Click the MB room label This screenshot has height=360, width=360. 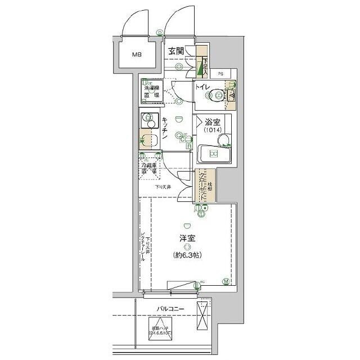137,55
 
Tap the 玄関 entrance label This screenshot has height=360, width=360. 177,52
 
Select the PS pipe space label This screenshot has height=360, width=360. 220,73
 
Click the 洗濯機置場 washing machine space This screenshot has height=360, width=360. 150,92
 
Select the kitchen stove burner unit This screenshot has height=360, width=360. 149,120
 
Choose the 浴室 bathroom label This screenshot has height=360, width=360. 212,121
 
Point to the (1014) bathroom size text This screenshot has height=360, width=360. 211,130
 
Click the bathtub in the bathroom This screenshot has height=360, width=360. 213,154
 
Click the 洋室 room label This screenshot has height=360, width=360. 187,238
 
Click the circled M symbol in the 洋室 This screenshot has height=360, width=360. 226,281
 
